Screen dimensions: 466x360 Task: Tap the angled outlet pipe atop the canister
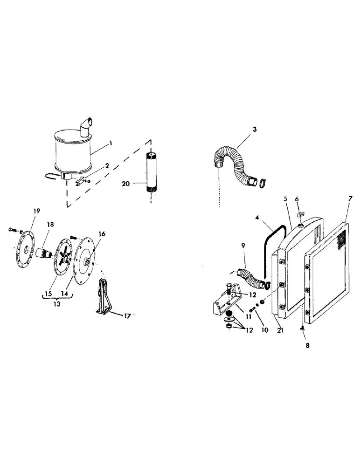click(x=87, y=126)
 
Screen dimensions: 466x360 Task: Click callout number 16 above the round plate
click(x=102, y=233)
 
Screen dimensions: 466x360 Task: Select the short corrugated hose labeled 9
click(x=252, y=278)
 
